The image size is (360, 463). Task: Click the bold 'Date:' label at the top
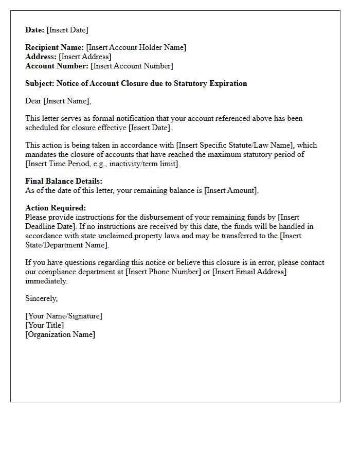(x=35, y=30)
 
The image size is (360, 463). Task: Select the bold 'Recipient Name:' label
(x=55, y=47)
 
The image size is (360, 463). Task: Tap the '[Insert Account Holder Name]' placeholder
(x=136, y=47)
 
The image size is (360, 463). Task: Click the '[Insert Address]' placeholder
(x=85, y=57)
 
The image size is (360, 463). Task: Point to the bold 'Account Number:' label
(x=57, y=66)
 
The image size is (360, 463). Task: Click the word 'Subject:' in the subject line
(x=40, y=83)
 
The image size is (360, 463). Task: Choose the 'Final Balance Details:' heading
(x=64, y=181)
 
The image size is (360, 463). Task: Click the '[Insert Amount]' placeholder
(x=231, y=190)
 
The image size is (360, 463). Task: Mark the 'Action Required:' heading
(x=56, y=208)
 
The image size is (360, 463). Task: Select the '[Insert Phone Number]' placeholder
(x=163, y=272)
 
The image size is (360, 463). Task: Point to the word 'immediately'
(x=46, y=281)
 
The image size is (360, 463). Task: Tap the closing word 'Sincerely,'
(x=42, y=298)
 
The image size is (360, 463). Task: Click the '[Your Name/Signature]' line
(x=64, y=316)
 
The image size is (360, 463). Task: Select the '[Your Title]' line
(x=45, y=325)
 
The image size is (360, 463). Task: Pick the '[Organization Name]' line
(x=60, y=334)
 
